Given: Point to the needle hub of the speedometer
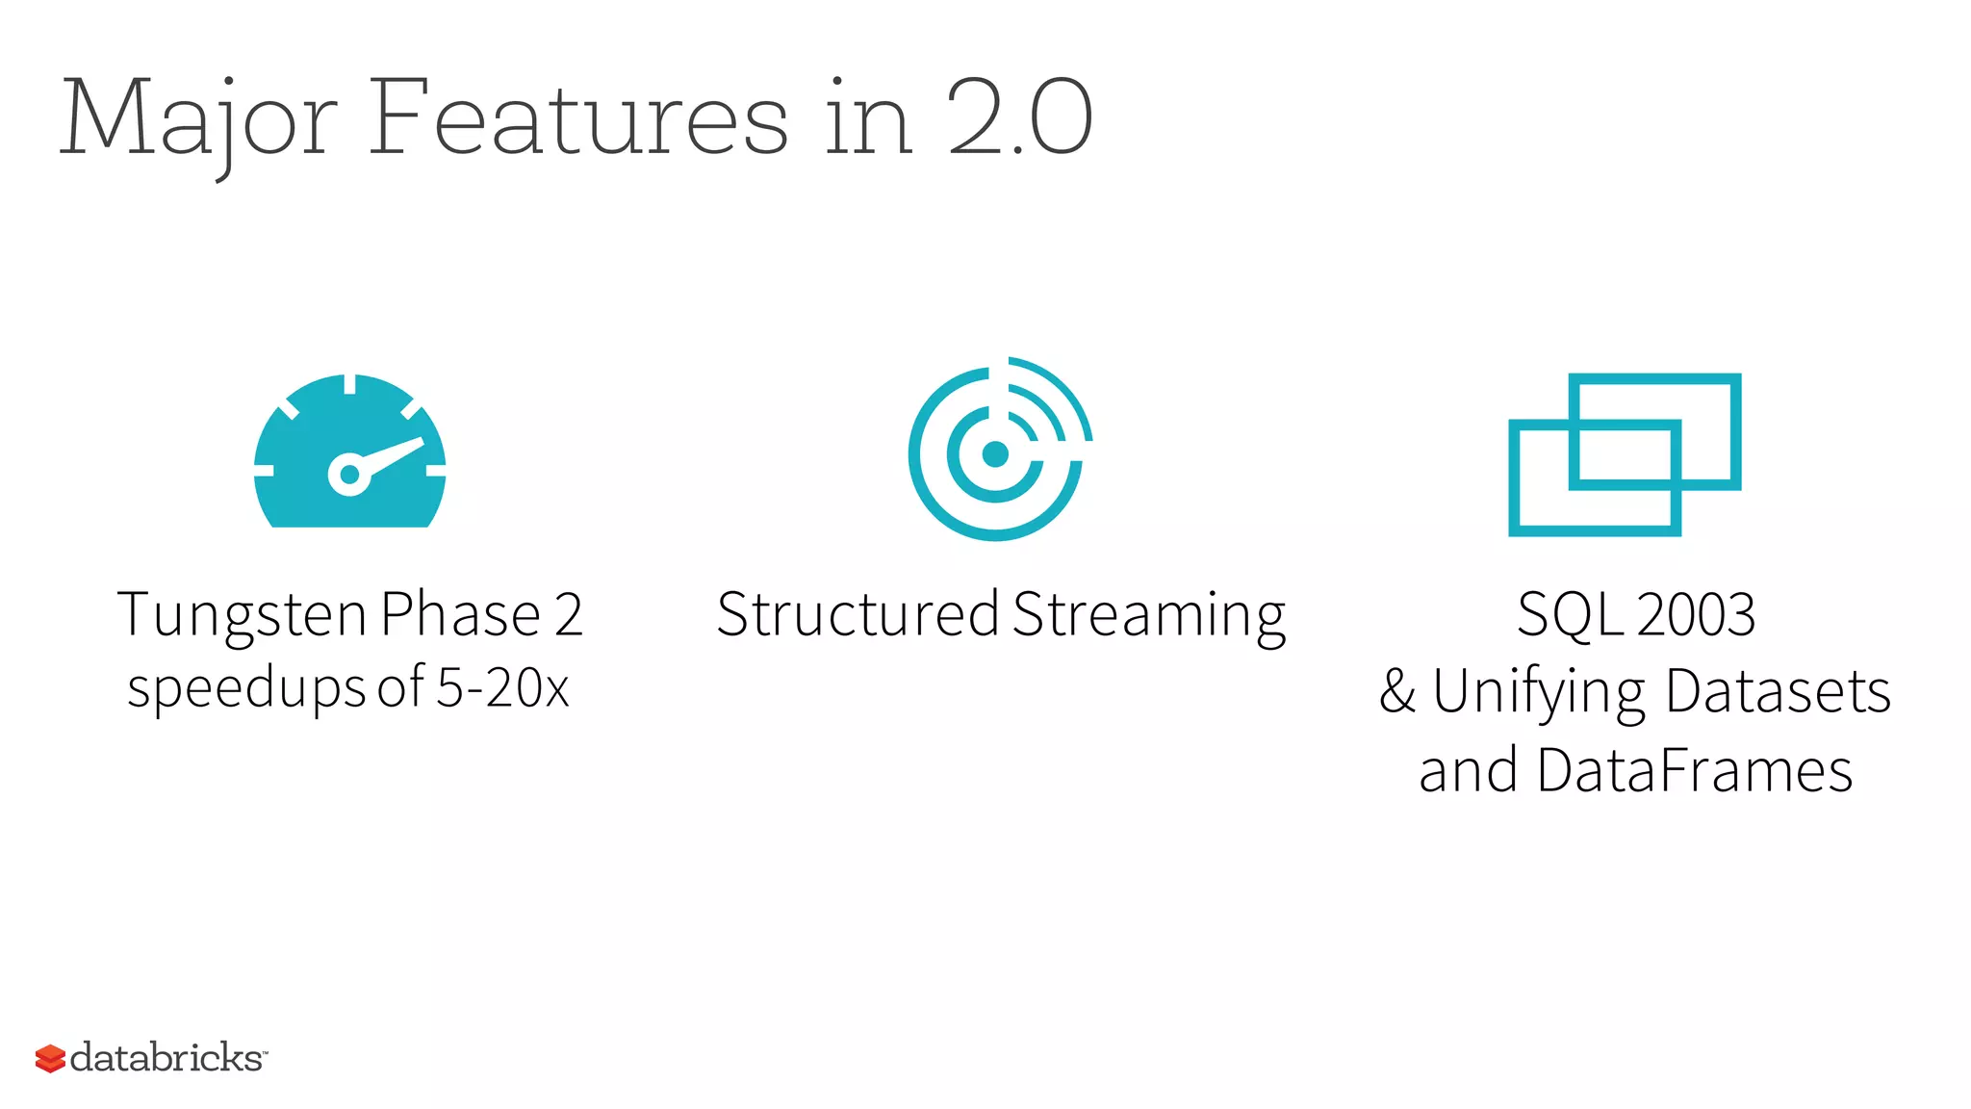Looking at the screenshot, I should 349,474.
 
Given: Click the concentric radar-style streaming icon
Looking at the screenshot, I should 999,449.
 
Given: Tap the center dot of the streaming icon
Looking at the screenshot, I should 995,453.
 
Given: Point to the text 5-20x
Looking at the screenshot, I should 502,688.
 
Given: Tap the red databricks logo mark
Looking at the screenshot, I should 50,1058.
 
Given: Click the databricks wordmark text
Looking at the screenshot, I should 166,1057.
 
